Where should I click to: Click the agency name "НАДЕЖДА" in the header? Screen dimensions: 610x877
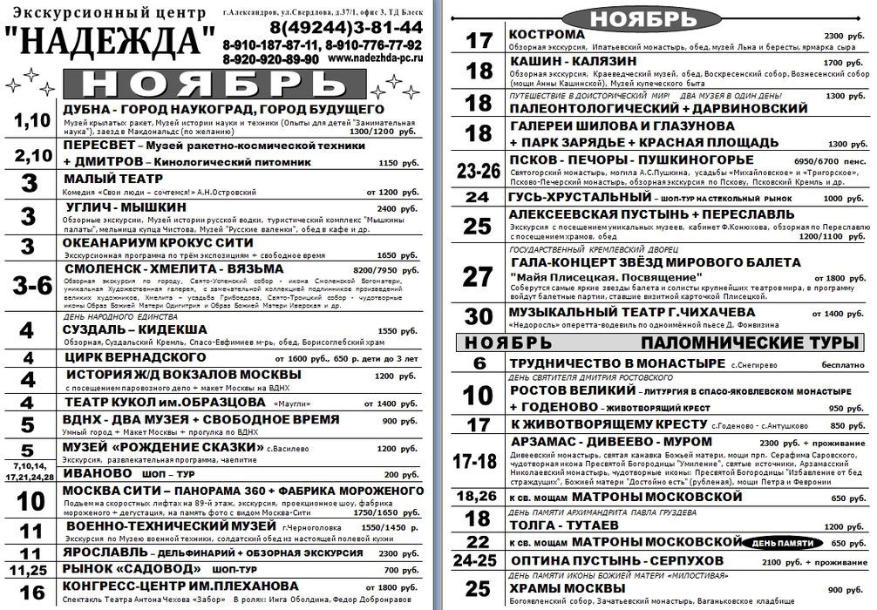(111, 41)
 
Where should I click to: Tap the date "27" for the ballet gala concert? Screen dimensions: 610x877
(479, 276)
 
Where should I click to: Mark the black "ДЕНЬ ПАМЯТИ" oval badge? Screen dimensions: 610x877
(782, 542)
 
